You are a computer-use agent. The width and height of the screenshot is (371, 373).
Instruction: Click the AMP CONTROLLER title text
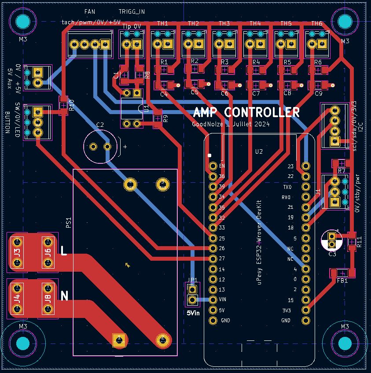[x=246, y=112]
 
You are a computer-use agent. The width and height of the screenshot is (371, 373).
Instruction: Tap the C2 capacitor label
[x=100, y=125]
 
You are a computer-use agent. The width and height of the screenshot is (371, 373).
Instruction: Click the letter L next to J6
[x=64, y=251]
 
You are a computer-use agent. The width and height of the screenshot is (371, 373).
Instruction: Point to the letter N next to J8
[x=64, y=296]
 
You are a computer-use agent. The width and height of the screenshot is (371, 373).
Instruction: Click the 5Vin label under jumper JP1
[x=192, y=313]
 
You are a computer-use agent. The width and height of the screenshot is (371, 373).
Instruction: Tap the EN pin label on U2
[x=222, y=166]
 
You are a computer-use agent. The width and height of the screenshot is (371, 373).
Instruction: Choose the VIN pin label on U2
[x=223, y=299]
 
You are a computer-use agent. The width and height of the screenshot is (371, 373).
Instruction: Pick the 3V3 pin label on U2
[x=287, y=310]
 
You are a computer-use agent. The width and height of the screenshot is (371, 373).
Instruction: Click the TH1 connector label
[x=163, y=23]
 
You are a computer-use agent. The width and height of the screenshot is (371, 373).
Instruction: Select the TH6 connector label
[x=317, y=23]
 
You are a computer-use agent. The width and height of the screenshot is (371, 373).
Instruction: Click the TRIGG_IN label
[x=132, y=11]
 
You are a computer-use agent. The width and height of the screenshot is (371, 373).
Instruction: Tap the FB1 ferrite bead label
[x=342, y=281]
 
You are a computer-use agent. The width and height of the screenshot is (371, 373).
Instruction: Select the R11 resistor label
[x=360, y=242]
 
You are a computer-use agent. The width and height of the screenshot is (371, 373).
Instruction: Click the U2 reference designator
[x=259, y=151]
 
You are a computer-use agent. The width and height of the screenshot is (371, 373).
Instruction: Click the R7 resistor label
[x=342, y=170]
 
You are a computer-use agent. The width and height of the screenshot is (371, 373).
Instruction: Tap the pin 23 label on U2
[x=290, y=166]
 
